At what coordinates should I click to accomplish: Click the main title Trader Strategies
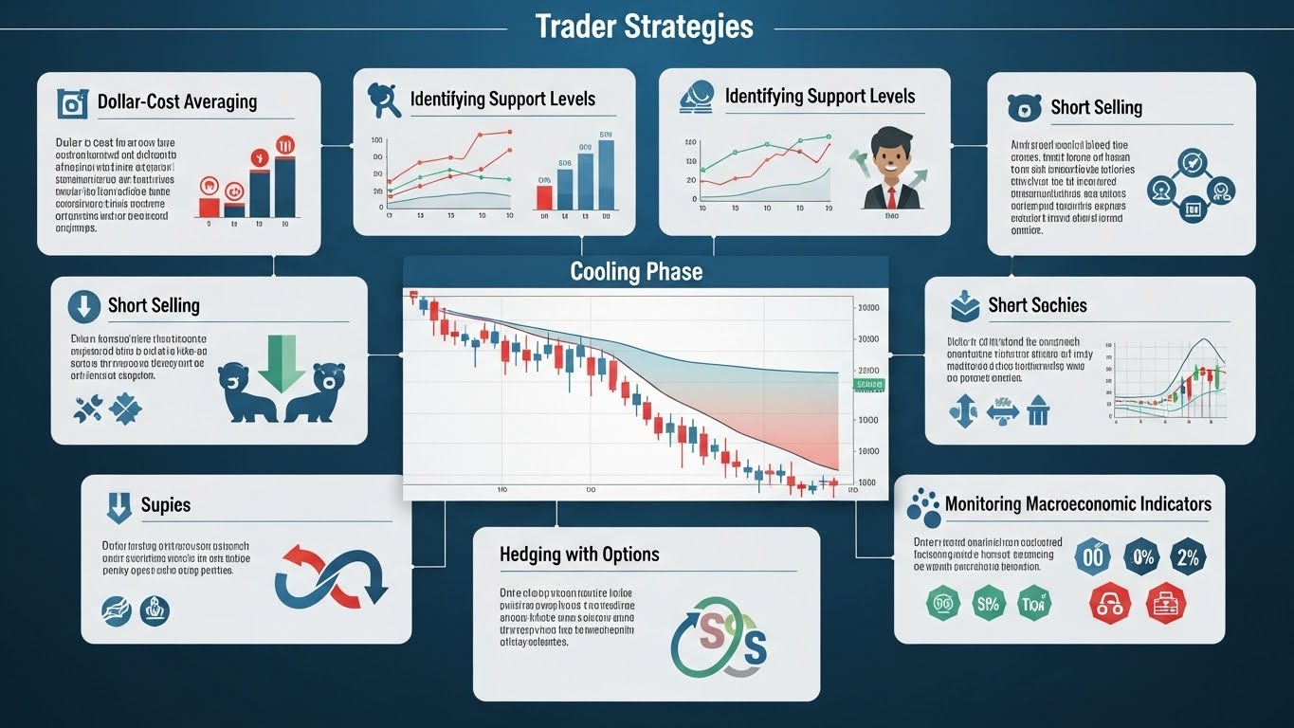[644, 27]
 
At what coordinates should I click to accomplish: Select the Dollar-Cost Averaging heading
[176, 101]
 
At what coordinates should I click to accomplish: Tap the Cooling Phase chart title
[636, 272]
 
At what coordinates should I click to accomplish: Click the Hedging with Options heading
[579, 554]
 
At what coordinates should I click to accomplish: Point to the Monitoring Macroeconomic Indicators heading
[1078, 503]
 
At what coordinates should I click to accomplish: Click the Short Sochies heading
[1037, 305]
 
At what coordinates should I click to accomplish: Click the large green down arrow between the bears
[282, 361]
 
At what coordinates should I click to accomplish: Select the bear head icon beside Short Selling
[1024, 107]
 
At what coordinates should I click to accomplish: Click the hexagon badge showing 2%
[1186, 556]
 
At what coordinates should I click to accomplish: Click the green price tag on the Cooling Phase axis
[868, 384]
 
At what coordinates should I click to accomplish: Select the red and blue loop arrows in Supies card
[330, 574]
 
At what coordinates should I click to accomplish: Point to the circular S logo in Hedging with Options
[718, 641]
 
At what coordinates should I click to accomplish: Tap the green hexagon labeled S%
[987, 603]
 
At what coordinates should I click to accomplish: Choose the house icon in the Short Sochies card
[1038, 410]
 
